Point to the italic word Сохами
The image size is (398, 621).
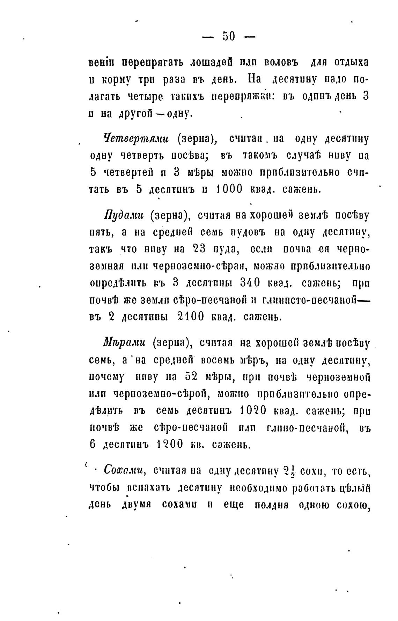[x=124, y=470]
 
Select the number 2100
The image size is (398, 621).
[x=191, y=317]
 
